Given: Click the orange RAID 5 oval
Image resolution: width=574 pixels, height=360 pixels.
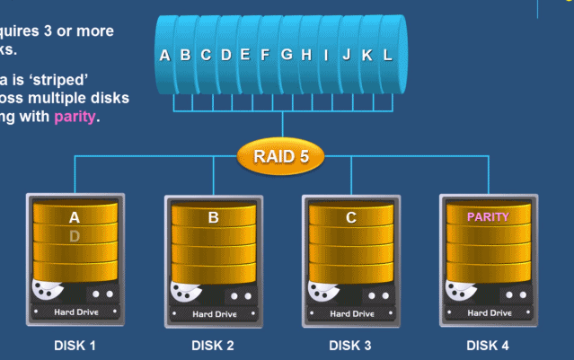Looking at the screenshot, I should (281, 157).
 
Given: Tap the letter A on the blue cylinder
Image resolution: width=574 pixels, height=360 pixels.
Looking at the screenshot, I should (164, 55).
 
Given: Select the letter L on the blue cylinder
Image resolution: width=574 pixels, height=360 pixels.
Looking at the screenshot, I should (387, 55).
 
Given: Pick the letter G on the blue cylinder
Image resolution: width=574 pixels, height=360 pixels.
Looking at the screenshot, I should (287, 55).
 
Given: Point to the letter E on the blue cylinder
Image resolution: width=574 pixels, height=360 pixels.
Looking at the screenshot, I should (245, 55).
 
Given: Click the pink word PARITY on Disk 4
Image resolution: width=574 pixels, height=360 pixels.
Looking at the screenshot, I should (488, 216).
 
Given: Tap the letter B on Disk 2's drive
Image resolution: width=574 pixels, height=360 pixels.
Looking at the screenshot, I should (213, 217).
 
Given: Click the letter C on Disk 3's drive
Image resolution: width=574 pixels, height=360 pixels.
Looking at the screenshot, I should (351, 217).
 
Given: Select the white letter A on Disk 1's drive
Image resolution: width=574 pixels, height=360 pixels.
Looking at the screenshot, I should (75, 217).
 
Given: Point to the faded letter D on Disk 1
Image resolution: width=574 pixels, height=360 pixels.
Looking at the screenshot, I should (75, 236).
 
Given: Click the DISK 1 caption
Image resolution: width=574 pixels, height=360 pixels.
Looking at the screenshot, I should (75, 345).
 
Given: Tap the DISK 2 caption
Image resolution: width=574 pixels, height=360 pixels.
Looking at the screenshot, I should (213, 345).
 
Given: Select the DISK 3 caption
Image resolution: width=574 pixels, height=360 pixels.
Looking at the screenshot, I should (350, 345).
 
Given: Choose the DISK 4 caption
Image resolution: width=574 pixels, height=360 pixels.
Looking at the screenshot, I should (488, 345).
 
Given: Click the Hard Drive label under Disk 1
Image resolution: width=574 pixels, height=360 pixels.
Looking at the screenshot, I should (76, 312).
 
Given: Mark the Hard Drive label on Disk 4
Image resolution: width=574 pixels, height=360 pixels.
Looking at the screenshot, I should (490, 313).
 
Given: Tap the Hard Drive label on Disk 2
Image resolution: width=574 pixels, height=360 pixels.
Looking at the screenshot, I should (214, 314).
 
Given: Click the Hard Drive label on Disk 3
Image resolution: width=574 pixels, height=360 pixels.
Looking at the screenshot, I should (352, 314).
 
